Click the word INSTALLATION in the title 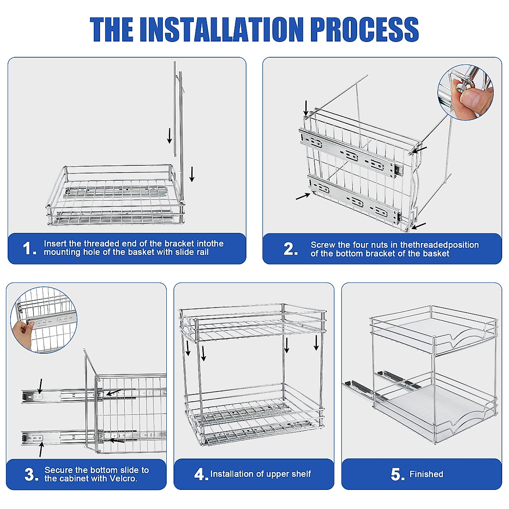(221, 29)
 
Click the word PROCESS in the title (364, 29)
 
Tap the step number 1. (29, 249)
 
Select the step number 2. (291, 249)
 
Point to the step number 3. (31, 475)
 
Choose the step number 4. (201, 475)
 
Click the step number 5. (397, 475)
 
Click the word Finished (426, 474)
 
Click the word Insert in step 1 (55, 243)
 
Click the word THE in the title (112, 29)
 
